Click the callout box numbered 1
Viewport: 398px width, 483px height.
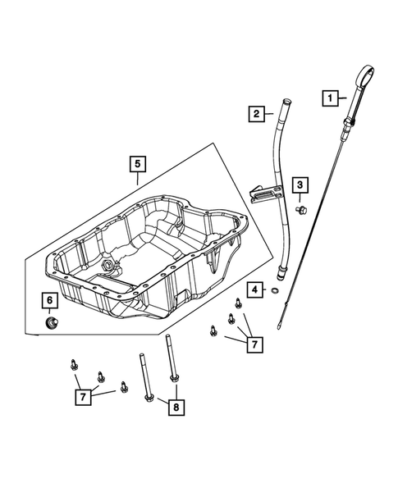click(332, 98)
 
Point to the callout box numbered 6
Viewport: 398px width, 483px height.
click(49, 301)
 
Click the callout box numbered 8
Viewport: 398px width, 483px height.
click(176, 404)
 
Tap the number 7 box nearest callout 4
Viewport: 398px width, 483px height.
click(254, 343)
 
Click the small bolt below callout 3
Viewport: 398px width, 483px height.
click(302, 212)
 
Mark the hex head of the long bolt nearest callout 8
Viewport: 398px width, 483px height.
click(149, 398)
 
